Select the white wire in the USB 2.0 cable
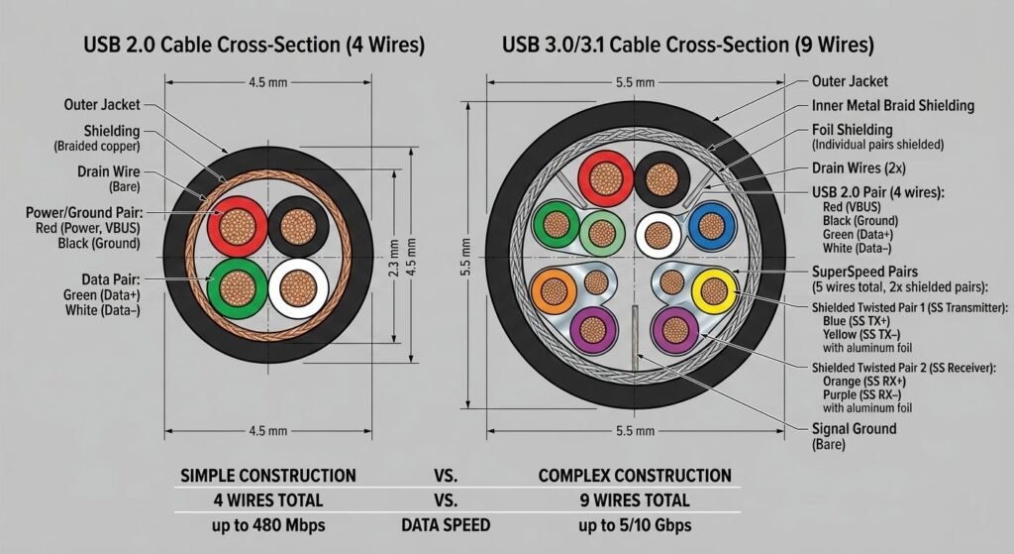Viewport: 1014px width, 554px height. pyautogui.click(x=298, y=288)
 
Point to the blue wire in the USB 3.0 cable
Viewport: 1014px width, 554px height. pyautogui.click(x=710, y=227)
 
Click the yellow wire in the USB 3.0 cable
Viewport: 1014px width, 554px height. pyautogui.click(x=713, y=290)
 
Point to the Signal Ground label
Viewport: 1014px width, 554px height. pyautogui.click(x=854, y=429)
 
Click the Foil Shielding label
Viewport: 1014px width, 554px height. pyautogui.click(x=852, y=130)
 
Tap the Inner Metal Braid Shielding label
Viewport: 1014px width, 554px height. pyautogui.click(x=892, y=105)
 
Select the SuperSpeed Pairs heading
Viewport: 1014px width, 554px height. pyautogui.click(x=864, y=271)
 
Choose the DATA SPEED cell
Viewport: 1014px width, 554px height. pyautogui.click(x=451, y=523)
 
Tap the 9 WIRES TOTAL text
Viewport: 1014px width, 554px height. pyautogui.click(x=635, y=499)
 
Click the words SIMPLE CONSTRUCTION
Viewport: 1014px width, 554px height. pyautogui.click(x=266, y=475)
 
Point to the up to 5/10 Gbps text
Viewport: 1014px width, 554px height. pyautogui.click(x=635, y=523)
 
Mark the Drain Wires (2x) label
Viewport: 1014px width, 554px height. pyautogui.click(x=857, y=168)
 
